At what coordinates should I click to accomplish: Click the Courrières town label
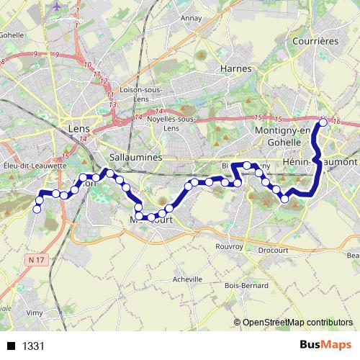315,42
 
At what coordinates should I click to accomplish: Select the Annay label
191,18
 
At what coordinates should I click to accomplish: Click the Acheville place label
187,279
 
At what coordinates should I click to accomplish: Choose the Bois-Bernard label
242,286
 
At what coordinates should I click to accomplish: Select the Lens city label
76,127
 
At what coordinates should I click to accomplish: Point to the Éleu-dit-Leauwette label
35,165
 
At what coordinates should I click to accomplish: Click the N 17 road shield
37,258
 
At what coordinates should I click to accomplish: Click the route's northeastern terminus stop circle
323,122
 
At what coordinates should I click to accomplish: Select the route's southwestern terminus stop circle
37,210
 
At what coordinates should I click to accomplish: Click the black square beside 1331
11,346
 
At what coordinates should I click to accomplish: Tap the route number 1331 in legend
34,346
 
